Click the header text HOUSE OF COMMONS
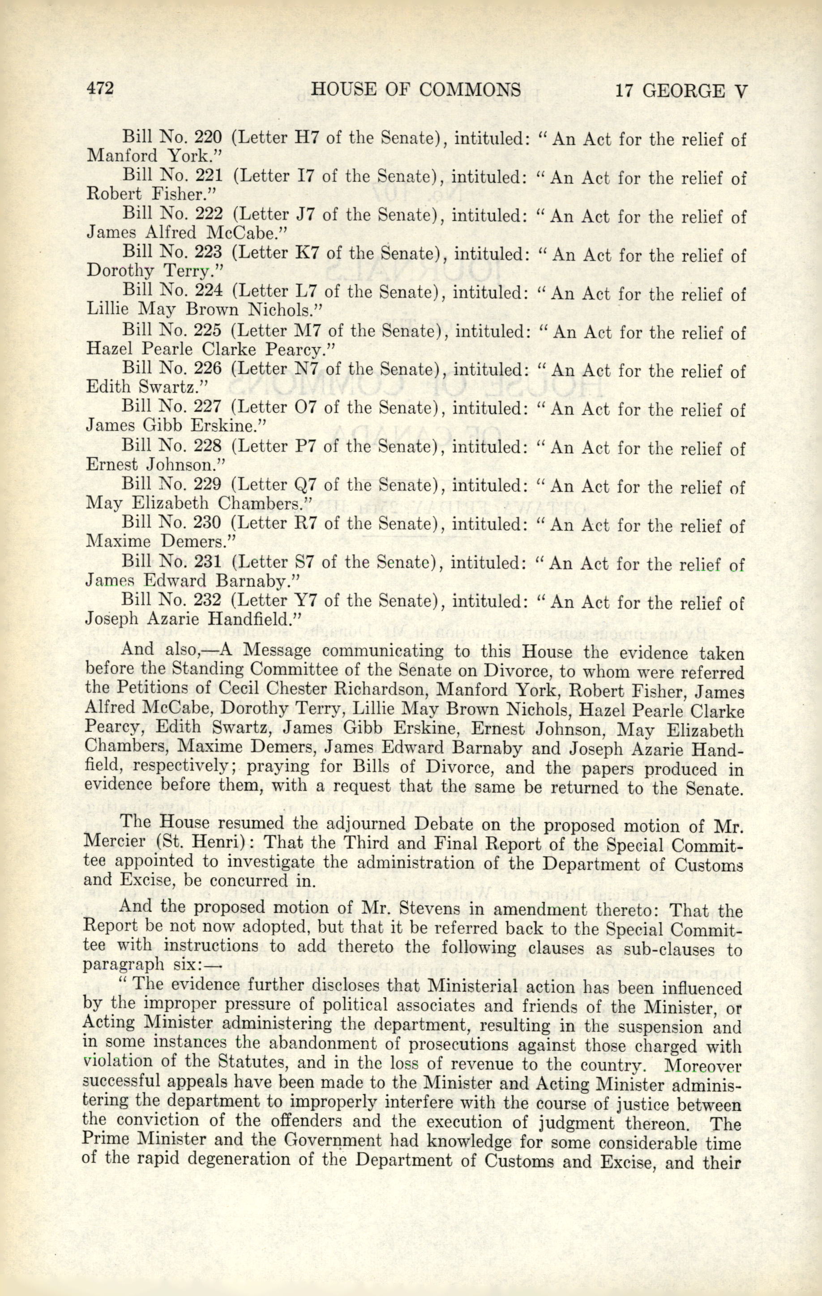pos(416,90)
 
